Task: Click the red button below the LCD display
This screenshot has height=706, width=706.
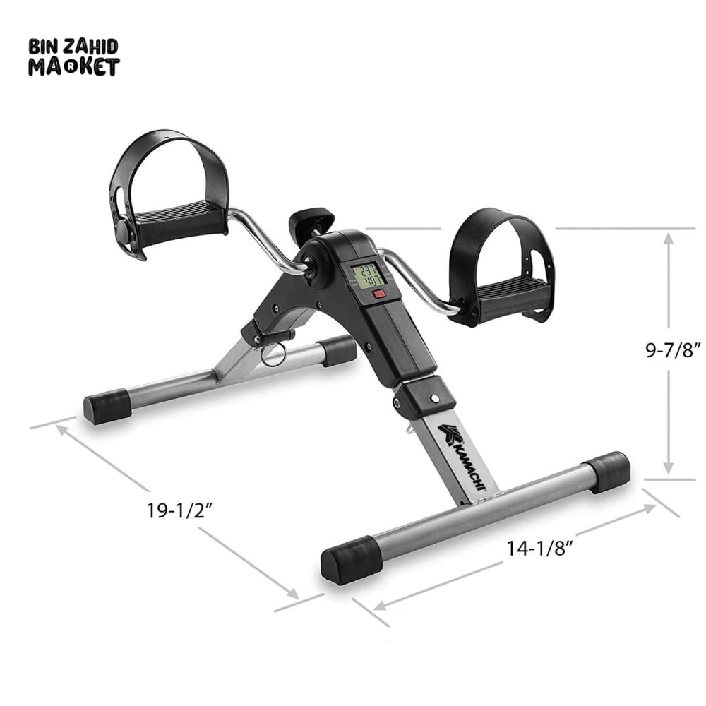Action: [x=379, y=295]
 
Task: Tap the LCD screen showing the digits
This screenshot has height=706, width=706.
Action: [x=369, y=277]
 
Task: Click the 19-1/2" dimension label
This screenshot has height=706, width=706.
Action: [x=179, y=510]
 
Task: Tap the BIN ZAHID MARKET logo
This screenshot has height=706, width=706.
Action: [x=74, y=56]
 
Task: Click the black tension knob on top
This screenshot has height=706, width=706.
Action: [x=311, y=220]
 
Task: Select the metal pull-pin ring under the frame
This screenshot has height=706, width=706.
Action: [x=273, y=354]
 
